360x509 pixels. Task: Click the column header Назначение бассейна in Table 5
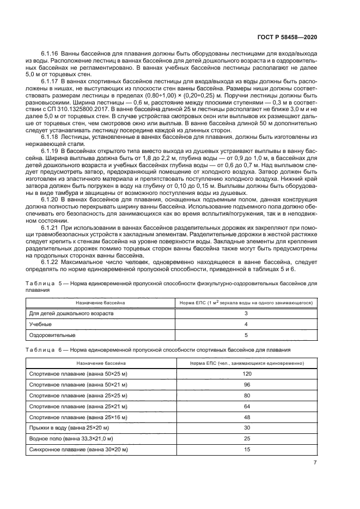(100, 302)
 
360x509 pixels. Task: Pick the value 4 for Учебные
(246, 324)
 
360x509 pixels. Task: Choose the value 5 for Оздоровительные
(246, 335)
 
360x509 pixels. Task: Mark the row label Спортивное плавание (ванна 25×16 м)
(78, 417)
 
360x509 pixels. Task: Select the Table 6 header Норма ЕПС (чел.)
(246, 362)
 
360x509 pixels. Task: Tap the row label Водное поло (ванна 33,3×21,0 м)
(71, 439)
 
